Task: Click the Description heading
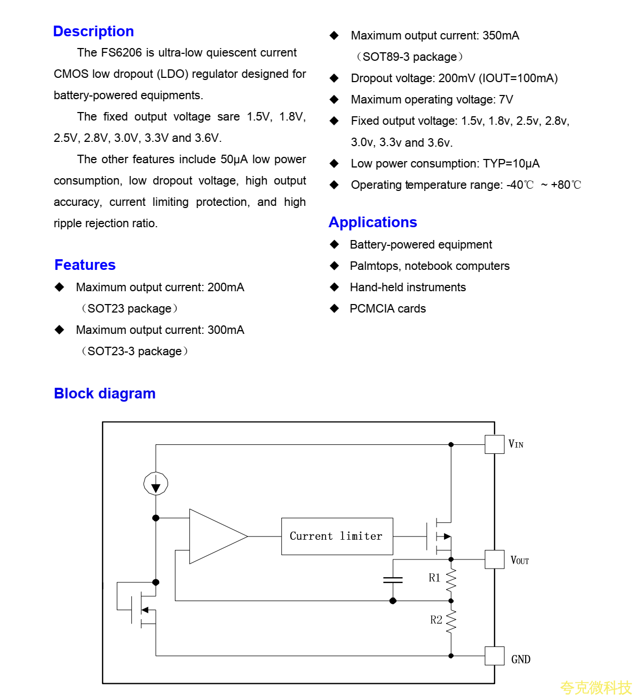[93, 31]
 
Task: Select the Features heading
[85, 265]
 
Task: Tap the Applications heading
[372, 222]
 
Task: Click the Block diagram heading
[105, 394]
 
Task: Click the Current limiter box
[337, 536]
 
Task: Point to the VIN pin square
[494, 444]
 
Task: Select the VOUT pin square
[494, 560]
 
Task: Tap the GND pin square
[494, 656]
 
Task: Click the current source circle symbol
[156, 484]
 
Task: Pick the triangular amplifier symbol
[213, 536]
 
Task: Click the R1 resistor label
[434, 578]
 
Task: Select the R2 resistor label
[436, 620]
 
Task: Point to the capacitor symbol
[393, 580]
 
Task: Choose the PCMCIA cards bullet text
[387, 309]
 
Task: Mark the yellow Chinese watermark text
[596, 688]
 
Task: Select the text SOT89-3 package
[409, 57]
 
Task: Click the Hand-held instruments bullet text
[408, 287]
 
